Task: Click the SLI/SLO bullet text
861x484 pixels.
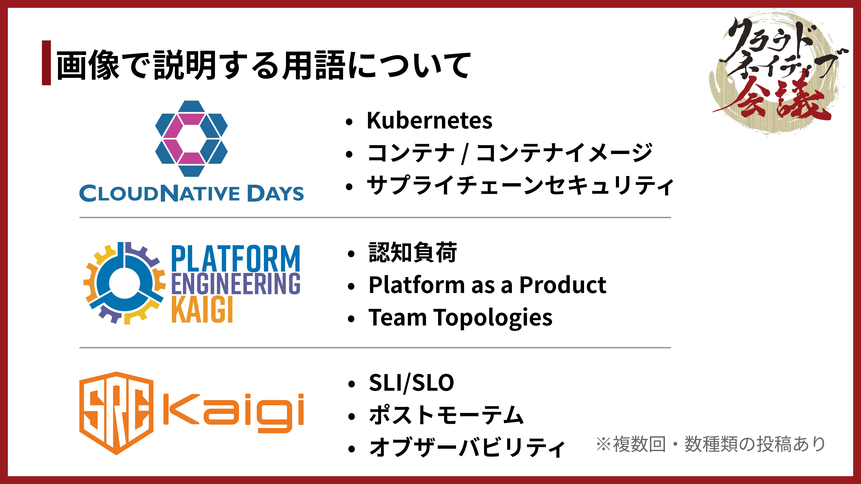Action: pyautogui.click(x=411, y=383)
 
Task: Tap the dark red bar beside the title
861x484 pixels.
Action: pyautogui.click(x=46, y=63)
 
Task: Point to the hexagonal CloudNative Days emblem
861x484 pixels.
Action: pyautogui.click(x=191, y=139)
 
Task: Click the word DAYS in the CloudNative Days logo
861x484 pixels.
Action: pyautogui.click(x=275, y=193)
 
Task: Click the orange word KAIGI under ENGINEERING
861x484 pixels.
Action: pyautogui.click(x=202, y=310)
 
